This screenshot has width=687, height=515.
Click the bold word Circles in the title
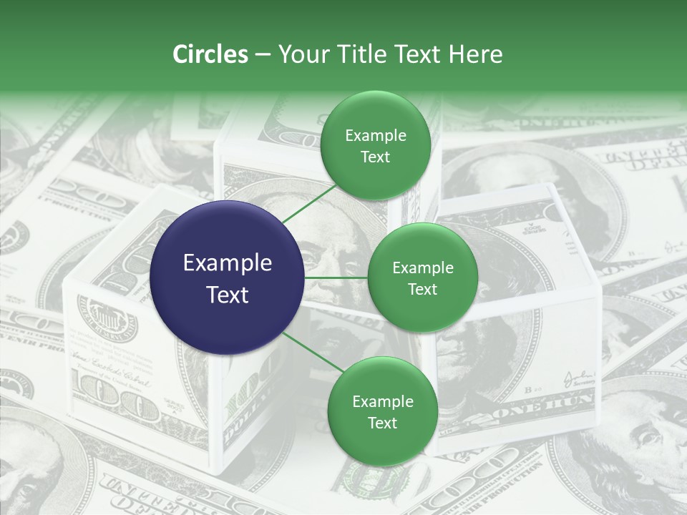click(x=210, y=54)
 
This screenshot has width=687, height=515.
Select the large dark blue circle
click(x=227, y=278)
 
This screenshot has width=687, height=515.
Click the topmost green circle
click(x=375, y=146)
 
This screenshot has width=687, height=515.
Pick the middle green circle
click(x=422, y=278)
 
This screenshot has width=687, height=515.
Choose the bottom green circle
click(x=382, y=411)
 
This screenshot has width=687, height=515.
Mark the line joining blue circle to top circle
click(x=308, y=203)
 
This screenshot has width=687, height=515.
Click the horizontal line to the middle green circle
click(x=336, y=278)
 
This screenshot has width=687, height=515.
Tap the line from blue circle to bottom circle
click(x=312, y=353)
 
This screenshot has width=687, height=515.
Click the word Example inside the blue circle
click(x=227, y=263)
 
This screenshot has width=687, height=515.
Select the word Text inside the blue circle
click(x=227, y=294)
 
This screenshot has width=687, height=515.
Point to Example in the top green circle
click(x=375, y=135)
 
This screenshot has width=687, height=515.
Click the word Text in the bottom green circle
click(x=382, y=423)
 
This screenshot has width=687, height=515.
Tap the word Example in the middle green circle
click(x=422, y=268)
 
